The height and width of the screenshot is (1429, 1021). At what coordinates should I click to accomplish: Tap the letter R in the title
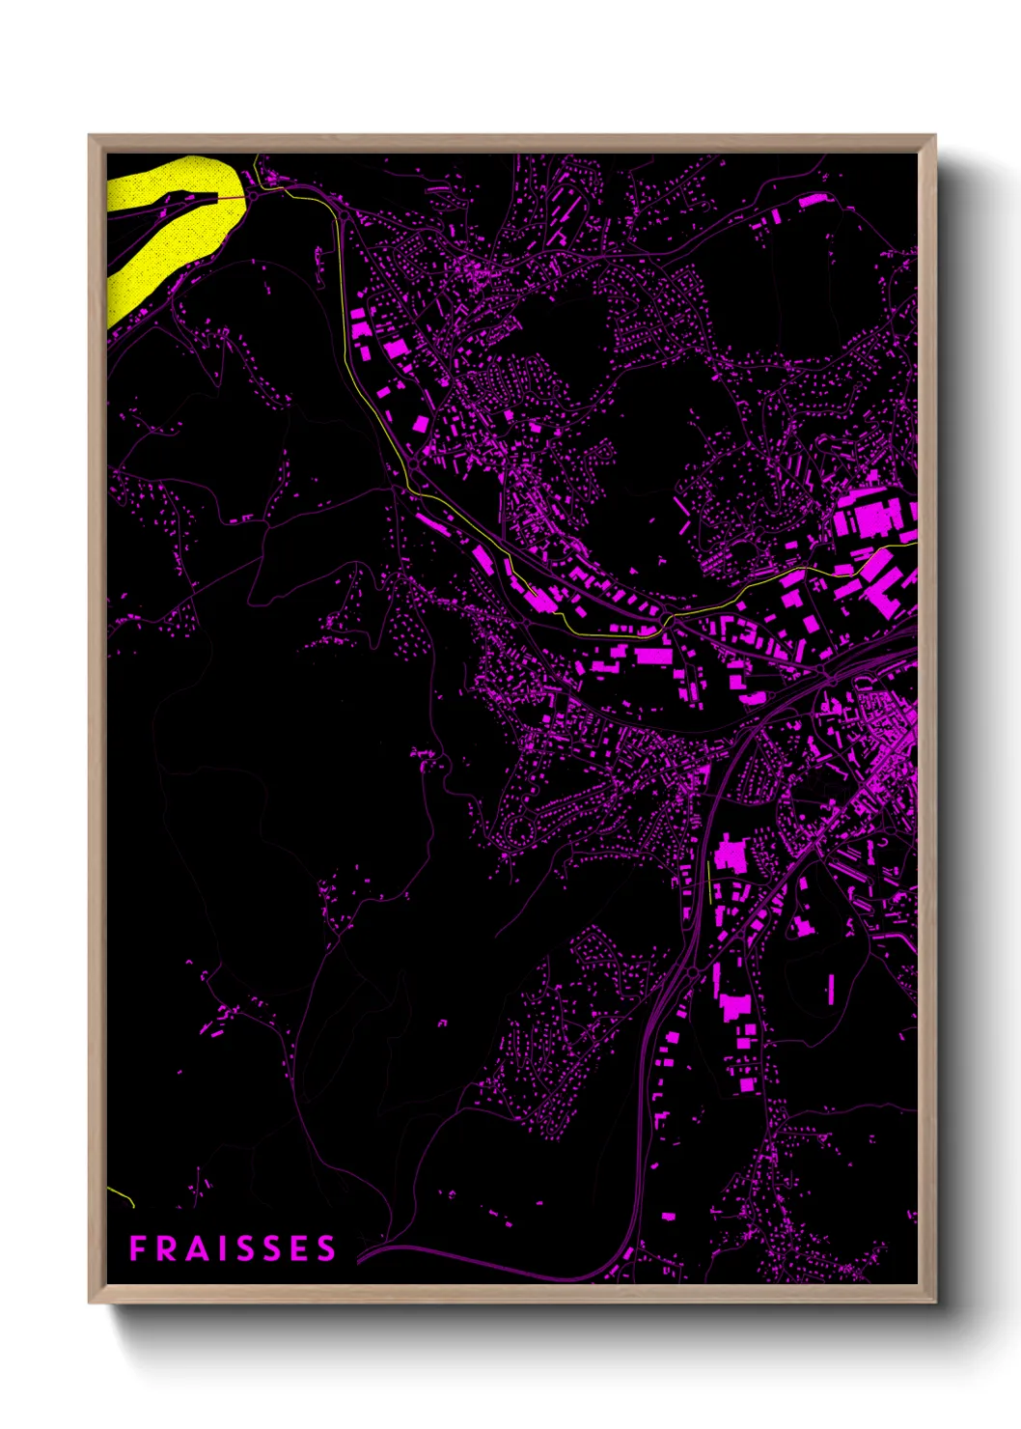[165, 1248]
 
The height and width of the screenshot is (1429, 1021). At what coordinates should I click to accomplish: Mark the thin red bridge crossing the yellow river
[232, 197]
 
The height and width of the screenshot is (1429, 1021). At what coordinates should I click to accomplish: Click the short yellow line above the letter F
[122, 1196]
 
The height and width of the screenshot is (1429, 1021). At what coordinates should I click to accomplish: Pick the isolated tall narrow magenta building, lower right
[831, 986]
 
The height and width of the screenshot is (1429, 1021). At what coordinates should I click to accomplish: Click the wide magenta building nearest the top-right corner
[813, 200]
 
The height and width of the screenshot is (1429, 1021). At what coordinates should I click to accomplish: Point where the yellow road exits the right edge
[914, 545]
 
